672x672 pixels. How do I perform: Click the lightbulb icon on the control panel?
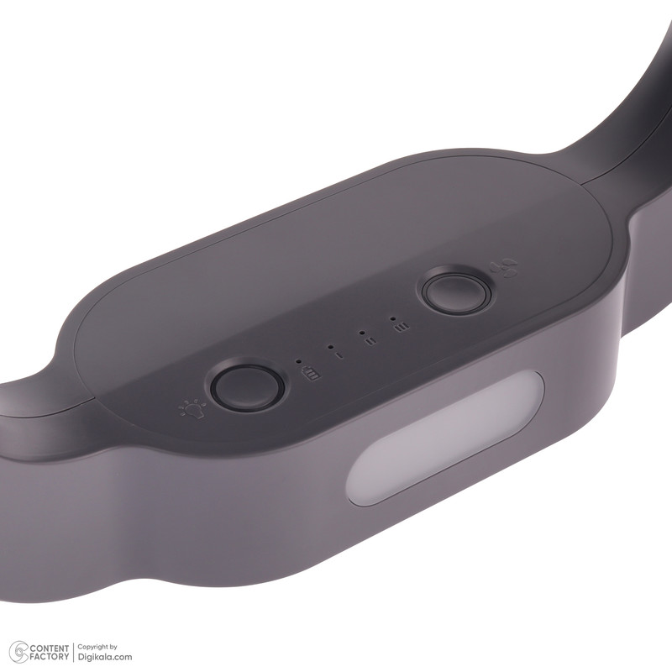(x=192, y=409)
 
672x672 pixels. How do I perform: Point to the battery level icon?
(x=310, y=374)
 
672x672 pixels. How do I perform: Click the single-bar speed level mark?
(x=340, y=355)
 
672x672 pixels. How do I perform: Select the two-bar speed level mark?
(x=370, y=341)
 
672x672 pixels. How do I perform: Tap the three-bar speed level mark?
(x=402, y=327)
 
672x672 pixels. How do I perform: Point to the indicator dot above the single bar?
(x=330, y=346)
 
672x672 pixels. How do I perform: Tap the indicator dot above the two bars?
(x=362, y=332)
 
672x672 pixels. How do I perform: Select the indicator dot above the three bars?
(x=392, y=318)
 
